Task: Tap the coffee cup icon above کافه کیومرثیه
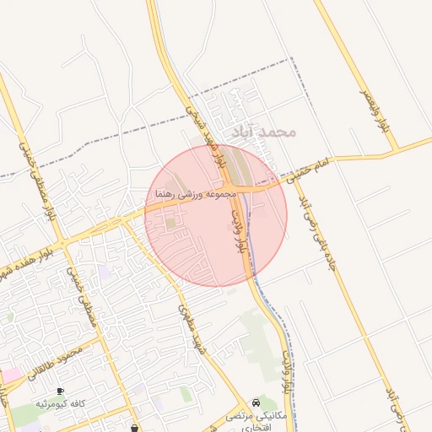(x=59, y=391)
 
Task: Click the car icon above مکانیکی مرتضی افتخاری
(x=256, y=402)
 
